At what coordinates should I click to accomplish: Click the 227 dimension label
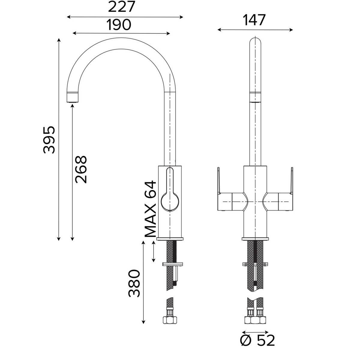click(x=121, y=7)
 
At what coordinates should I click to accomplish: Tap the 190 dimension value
click(x=119, y=25)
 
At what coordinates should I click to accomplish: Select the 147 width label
click(x=254, y=20)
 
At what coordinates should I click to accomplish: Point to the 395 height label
click(x=49, y=140)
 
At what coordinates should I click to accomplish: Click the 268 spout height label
click(x=81, y=169)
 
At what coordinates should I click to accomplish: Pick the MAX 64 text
click(x=150, y=209)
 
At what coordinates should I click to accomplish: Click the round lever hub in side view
click(x=170, y=202)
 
